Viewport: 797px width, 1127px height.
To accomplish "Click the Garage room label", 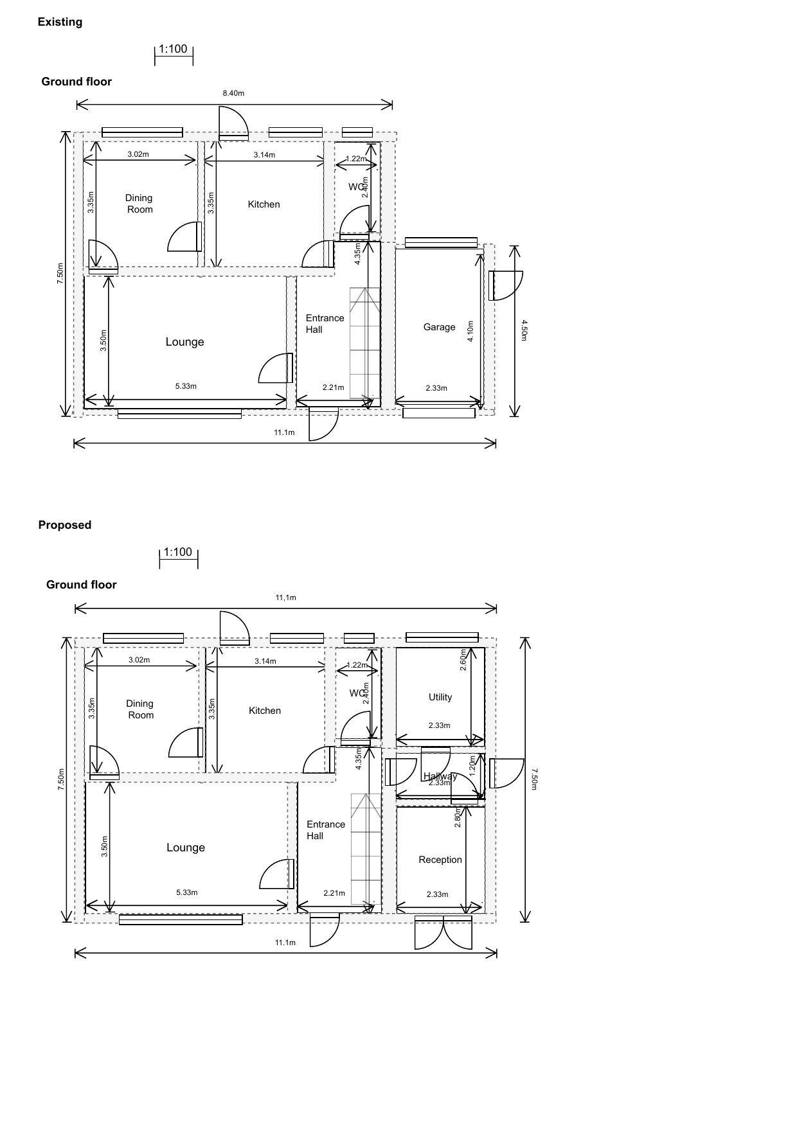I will (x=439, y=327).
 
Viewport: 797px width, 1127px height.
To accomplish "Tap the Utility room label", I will (x=440, y=697).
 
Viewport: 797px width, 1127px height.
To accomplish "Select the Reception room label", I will (x=440, y=860).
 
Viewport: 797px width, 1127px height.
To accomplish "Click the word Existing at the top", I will (x=60, y=22).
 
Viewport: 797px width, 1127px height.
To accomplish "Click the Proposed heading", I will (x=65, y=525).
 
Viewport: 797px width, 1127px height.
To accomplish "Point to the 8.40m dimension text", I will (x=233, y=93).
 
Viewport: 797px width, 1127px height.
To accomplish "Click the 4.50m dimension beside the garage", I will (x=524, y=330).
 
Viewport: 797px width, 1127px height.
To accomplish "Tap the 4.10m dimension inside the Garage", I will (x=470, y=331).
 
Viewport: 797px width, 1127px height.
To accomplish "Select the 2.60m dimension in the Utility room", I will (x=463, y=661).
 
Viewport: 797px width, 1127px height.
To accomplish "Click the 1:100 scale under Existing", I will (x=173, y=49).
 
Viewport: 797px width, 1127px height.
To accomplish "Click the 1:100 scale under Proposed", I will (x=178, y=553).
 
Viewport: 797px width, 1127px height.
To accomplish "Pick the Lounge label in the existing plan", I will (x=184, y=342).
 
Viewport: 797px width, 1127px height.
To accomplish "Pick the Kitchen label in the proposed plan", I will (x=265, y=711).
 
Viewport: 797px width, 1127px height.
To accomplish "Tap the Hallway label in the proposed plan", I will (x=440, y=776).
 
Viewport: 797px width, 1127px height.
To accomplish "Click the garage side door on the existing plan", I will (x=505, y=286).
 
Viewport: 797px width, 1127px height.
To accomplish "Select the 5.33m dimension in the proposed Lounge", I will (x=187, y=892).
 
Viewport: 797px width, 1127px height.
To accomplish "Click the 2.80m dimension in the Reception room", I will (x=458, y=817).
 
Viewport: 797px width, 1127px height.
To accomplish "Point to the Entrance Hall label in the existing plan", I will (x=325, y=324).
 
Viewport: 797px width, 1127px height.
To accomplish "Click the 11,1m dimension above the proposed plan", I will (x=286, y=598).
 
